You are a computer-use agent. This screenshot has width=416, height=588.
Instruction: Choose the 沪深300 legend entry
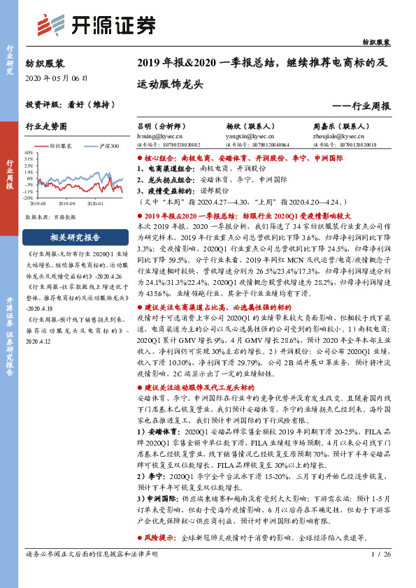tap(106, 146)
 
